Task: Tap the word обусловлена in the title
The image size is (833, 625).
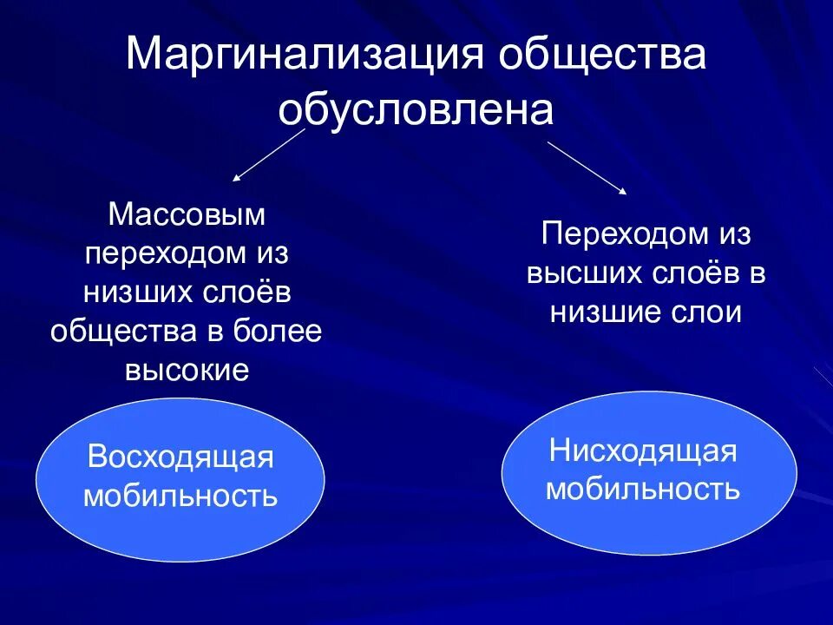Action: [x=416, y=109]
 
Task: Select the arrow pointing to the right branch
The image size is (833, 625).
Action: [x=587, y=166]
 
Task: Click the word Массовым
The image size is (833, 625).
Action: [x=186, y=214]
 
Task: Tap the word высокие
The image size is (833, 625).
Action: [x=187, y=371]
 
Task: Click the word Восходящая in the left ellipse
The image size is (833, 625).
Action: [x=180, y=457]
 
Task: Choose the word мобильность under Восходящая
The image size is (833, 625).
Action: [x=180, y=497]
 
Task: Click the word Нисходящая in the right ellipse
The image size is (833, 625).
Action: [x=643, y=451]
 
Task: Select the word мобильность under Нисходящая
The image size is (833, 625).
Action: [x=643, y=490]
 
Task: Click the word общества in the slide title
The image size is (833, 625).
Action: [x=600, y=56]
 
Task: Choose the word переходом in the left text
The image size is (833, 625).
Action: [x=162, y=253]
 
